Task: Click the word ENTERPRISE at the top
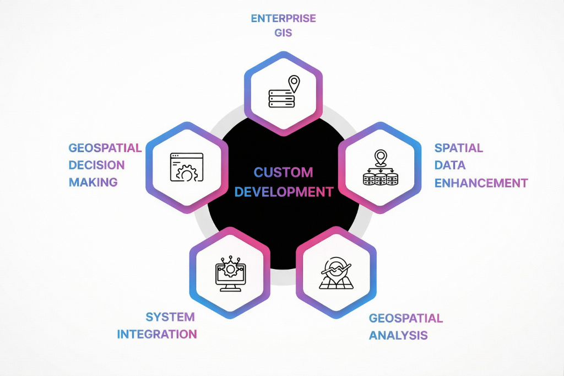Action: pyautogui.click(x=283, y=18)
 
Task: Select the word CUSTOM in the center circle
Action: pyautogui.click(x=283, y=172)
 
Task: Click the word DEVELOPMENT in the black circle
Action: pyautogui.click(x=283, y=192)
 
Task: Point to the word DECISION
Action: pyautogui.click(x=96, y=165)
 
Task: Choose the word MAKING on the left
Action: pyautogui.click(x=93, y=182)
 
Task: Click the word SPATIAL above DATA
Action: pyautogui.click(x=458, y=148)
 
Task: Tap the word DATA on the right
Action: pyautogui.click(x=450, y=165)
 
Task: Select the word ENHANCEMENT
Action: pyautogui.click(x=481, y=182)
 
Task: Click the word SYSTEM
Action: pyautogui.click(x=170, y=317)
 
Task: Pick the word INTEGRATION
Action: pyautogui.click(x=157, y=334)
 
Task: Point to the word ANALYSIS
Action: pyautogui.click(x=398, y=335)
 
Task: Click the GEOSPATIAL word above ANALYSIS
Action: pyautogui.click(x=405, y=318)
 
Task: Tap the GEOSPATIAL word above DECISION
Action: pyautogui.click(x=105, y=148)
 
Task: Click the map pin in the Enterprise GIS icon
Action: pyautogui.click(x=294, y=84)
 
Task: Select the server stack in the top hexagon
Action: pyautogui.click(x=281, y=99)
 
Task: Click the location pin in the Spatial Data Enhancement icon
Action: pyautogui.click(x=380, y=157)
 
